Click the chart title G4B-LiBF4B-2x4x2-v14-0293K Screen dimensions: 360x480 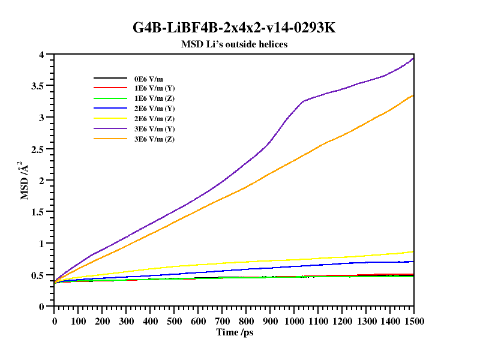pos(239,28)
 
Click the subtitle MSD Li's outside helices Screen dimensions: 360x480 pos(235,44)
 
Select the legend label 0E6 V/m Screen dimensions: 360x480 pos(148,78)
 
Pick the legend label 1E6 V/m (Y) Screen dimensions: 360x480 pos(154,88)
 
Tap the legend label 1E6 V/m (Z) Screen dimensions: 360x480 pos(154,98)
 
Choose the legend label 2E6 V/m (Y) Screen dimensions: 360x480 pos(154,109)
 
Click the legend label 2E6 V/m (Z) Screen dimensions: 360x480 pos(154,119)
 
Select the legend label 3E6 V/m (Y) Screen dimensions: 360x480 pos(154,129)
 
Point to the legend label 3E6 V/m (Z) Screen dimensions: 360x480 pos(154,139)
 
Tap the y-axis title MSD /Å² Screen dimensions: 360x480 pos(25,180)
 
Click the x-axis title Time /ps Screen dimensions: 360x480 pos(235,332)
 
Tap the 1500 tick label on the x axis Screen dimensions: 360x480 pos(413,321)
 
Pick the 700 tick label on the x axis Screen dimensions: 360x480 pos(222,321)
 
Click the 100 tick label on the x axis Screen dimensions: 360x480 pos(78,321)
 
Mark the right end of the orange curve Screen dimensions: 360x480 pos(413,95)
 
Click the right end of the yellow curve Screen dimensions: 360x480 pos(413,251)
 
